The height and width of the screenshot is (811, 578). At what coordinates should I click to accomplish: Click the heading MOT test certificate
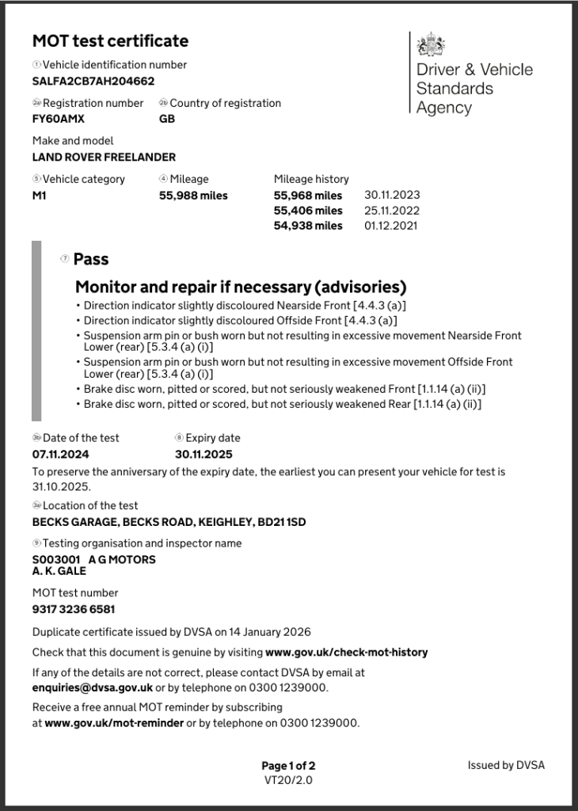(x=110, y=41)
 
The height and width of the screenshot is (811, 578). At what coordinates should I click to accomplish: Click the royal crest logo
(x=431, y=44)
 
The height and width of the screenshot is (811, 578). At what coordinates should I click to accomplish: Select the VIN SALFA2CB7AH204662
(x=93, y=81)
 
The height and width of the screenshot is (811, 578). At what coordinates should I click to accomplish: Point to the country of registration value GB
(x=167, y=119)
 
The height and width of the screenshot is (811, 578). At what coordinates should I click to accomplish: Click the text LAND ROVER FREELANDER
(x=104, y=157)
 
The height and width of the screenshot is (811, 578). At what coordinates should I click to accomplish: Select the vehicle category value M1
(x=40, y=195)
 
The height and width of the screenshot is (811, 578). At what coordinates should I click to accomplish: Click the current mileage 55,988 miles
(x=193, y=195)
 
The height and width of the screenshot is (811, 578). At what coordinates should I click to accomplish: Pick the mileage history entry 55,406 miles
(x=308, y=211)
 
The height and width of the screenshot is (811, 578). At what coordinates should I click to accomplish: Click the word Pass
(x=91, y=259)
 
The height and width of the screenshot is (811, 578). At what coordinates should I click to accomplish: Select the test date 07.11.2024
(x=61, y=455)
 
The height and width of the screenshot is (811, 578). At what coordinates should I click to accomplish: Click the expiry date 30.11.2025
(x=203, y=455)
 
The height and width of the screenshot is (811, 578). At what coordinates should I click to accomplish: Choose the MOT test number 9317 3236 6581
(x=74, y=610)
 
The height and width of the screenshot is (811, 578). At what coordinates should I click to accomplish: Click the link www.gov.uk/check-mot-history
(x=347, y=653)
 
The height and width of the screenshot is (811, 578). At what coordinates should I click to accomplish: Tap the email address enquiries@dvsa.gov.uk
(x=92, y=687)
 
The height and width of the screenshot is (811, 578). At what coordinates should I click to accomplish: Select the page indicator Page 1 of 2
(x=288, y=766)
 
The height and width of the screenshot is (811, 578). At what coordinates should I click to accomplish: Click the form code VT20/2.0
(x=288, y=780)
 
